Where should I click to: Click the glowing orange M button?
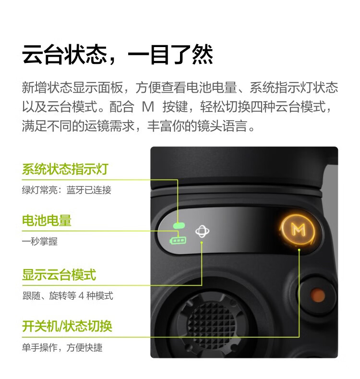299,230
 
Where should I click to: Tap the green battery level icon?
178,241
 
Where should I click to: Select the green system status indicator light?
179,225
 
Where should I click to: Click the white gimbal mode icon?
202,232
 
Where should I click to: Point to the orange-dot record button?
317,295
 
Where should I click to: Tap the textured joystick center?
210,323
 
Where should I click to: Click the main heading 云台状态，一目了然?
118,55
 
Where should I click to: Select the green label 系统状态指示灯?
65,169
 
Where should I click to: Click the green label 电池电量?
47,220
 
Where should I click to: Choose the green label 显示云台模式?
59,275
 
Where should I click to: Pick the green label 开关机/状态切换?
67,326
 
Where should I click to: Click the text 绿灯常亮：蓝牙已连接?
67,190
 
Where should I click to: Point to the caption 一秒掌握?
40,241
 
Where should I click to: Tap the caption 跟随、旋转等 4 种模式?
68,295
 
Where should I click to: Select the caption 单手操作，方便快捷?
62,348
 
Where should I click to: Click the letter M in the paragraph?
148,107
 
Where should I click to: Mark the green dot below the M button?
299,250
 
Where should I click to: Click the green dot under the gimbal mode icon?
202,242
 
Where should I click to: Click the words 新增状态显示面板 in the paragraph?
72,87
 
